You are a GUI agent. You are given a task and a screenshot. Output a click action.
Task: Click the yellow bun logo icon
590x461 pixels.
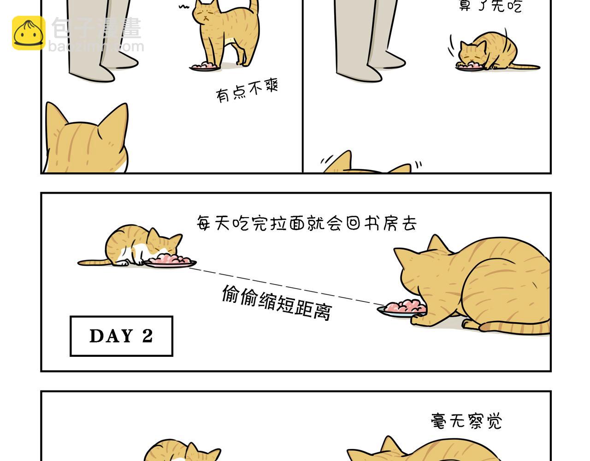[29, 33]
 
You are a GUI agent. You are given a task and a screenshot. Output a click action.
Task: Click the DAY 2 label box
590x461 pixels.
[121, 336]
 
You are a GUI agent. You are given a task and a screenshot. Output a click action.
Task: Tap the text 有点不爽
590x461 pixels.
[247, 91]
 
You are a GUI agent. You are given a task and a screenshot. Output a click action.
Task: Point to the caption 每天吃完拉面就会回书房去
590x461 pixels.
[307, 224]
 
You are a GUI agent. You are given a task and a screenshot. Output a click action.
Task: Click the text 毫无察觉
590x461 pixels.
[466, 421]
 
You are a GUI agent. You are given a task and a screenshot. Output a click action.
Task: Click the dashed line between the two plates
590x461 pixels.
[286, 286]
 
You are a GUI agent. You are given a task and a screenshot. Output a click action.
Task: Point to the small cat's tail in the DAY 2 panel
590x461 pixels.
[92, 263]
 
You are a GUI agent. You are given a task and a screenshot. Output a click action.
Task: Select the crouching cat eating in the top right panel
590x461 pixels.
[489, 52]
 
